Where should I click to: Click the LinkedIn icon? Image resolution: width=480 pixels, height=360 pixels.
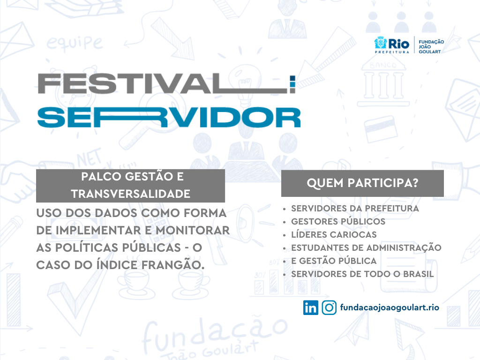point(310,307)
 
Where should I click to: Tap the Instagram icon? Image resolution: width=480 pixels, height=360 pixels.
point(329,307)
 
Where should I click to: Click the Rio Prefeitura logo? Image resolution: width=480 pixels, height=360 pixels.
point(392,45)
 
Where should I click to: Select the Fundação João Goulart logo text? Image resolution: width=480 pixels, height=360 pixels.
point(431,46)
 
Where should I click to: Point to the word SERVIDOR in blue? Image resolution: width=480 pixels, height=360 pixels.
point(169,117)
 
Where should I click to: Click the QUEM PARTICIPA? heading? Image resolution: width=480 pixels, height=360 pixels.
point(362,183)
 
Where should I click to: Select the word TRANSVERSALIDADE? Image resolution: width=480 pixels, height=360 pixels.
point(131,194)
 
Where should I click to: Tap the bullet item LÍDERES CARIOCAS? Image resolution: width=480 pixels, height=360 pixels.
point(334,234)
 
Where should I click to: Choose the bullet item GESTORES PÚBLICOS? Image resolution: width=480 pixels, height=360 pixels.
point(338,221)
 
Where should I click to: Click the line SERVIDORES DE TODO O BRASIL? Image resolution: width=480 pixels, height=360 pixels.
point(362,274)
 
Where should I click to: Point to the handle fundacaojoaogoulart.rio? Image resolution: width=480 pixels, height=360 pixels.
point(390,307)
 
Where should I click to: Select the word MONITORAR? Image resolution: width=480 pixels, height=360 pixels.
point(193,231)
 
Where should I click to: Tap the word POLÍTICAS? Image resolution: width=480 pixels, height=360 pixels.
point(118,247)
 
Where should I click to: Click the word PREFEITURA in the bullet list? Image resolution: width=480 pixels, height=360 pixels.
point(392,209)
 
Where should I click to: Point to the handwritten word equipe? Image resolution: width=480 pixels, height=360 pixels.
point(75,43)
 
